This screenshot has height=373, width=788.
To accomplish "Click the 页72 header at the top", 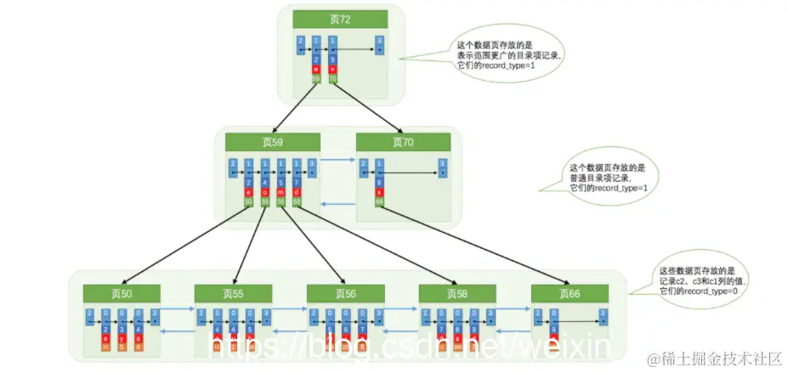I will pyautogui.click(x=339, y=20).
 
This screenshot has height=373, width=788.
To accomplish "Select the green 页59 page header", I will pyautogui.click(x=273, y=142).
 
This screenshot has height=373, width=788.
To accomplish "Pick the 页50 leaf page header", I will pyautogui.click(x=121, y=293).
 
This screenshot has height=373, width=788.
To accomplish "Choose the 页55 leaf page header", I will pyautogui.click(x=233, y=293).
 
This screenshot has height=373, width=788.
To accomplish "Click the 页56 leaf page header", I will pyautogui.click(x=345, y=293).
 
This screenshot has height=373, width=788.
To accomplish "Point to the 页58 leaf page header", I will pyautogui.click(x=457, y=293).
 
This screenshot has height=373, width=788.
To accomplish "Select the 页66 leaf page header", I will pyautogui.click(x=570, y=293).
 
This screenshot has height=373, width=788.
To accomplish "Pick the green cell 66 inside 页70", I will pyautogui.click(x=379, y=201).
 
